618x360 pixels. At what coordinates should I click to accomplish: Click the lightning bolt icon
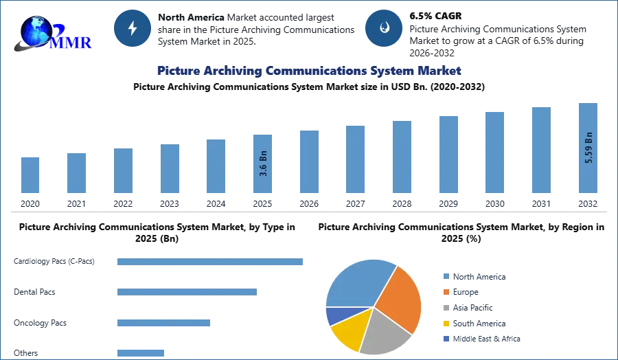coord(133,28)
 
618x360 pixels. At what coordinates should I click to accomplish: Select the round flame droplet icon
coord(384,28)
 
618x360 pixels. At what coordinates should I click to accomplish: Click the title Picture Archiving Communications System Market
coord(308,71)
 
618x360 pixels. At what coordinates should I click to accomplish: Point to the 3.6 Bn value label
coord(263,164)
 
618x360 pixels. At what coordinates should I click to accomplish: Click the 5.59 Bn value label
coord(588,147)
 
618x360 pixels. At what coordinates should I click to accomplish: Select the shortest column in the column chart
coord(30,175)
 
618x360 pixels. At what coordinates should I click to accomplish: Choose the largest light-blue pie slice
coord(357,282)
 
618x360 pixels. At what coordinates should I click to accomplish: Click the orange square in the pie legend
coord(445,291)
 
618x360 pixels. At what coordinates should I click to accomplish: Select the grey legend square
coord(445,308)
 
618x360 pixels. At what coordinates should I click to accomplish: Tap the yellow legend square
coord(445,324)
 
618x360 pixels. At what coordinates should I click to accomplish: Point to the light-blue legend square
coord(445,275)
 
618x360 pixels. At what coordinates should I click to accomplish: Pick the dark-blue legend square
coord(445,340)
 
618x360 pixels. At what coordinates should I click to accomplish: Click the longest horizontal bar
coord(211,263)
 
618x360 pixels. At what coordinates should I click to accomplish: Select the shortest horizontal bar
coord(140,352)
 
